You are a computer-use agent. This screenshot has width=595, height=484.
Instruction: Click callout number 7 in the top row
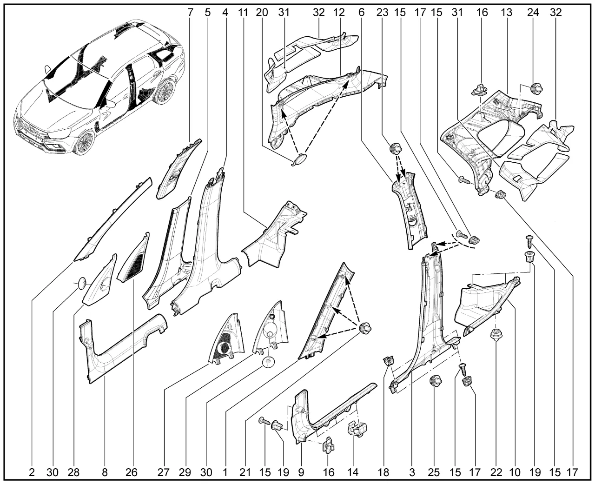coord(190,13)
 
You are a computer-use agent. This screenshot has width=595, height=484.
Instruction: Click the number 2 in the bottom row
coord(32,473)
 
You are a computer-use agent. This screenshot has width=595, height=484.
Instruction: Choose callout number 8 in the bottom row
coord(105,473)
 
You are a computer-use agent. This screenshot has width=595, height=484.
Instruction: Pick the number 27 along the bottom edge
coord(163,473)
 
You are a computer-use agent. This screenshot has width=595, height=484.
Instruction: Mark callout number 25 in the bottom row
coord(434,473)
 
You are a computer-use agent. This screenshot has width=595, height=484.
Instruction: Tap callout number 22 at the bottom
coord(497,473)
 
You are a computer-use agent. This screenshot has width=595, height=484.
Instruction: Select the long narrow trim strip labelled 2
coord(113,219)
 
